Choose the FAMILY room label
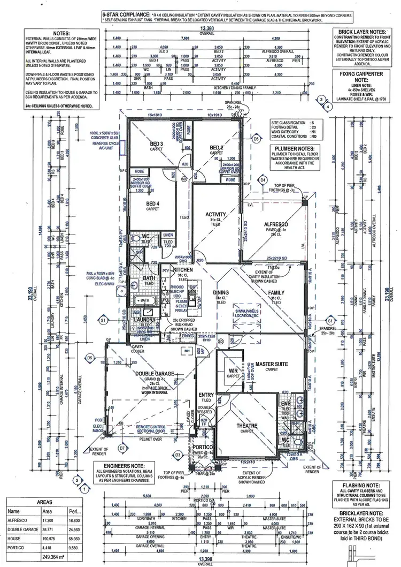[x=276, y=293]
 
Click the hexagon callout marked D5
[x=257, y=139]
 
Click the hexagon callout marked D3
[x=178, y=455]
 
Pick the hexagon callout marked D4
[x=263, y=180]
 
